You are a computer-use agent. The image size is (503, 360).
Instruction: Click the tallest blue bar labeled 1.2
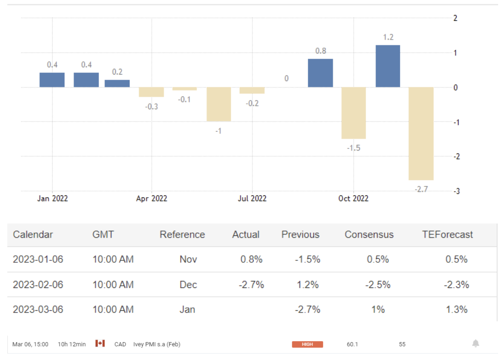pos(388,66)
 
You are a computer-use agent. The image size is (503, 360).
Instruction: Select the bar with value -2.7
pos(421,134)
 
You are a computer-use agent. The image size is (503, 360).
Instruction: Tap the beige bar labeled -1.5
pos(353,113)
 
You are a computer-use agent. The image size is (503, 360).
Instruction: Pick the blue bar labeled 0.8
pos(320,73)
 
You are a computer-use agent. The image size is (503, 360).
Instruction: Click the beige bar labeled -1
pos(218,104)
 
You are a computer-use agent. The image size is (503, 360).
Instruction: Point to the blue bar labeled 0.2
pos(117,83)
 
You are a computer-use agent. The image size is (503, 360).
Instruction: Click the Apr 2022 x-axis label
pos(152,199)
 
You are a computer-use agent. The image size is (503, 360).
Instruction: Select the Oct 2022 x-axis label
pos(353,199)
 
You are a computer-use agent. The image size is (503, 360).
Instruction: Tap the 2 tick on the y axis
pos(455,18)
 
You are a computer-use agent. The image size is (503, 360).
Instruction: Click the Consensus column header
pos(369,235)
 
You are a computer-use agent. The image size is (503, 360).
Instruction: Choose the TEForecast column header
pos(448,235)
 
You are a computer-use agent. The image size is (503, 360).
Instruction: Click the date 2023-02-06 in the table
pos(38,284)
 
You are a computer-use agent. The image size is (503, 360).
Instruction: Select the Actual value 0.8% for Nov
pos(251,259)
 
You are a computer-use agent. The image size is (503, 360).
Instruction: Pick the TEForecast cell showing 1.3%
pos(456,310)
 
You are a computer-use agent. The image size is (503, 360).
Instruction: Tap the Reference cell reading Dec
pos(188,284)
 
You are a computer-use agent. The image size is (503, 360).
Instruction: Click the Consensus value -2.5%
pos(378,284)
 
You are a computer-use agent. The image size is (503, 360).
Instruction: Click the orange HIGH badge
pos(307,345)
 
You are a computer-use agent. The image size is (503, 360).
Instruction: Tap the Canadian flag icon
pos(100,344)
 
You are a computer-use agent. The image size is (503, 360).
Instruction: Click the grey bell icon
pos(475,344)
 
